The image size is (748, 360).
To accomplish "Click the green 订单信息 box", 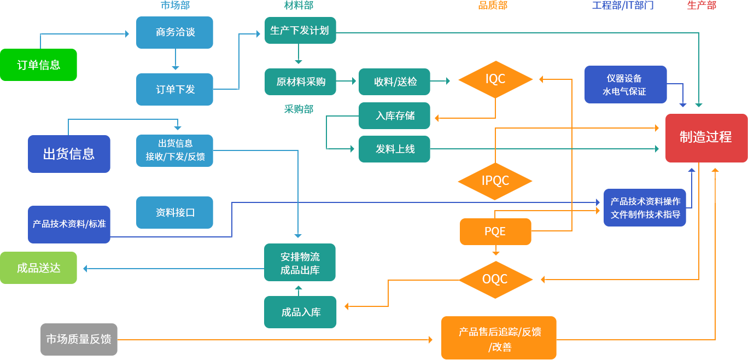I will click(38, 65).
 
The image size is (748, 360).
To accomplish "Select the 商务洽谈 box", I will click(174, 32).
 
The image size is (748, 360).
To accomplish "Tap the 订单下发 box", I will click(174, 89).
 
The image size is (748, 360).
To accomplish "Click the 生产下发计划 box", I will click(300, 31).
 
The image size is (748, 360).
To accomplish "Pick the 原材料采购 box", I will click(300, 82).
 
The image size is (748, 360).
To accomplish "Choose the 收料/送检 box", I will click(394, 82).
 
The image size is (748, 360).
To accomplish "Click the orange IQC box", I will click(495, 79).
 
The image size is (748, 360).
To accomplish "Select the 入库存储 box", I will click(394, 115).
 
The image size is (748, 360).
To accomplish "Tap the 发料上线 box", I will click(394, 149).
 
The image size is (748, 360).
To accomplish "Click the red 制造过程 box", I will click(706, 137).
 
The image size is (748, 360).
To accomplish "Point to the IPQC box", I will click(495, 180).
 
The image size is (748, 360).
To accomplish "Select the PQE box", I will click(495, 231).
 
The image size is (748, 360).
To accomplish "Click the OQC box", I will click(495, 279).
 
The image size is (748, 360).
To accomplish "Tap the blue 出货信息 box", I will click(69, 154).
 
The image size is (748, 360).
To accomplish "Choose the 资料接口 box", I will click(174, 212).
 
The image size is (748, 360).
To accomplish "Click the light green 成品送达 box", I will click(38, 268).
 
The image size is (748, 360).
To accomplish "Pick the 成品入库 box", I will click(300, 312).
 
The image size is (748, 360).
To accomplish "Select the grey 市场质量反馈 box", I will click(79, 339).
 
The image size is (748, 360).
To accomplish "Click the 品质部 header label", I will click(493, 5).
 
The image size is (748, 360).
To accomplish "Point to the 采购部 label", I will click(299, 109).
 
